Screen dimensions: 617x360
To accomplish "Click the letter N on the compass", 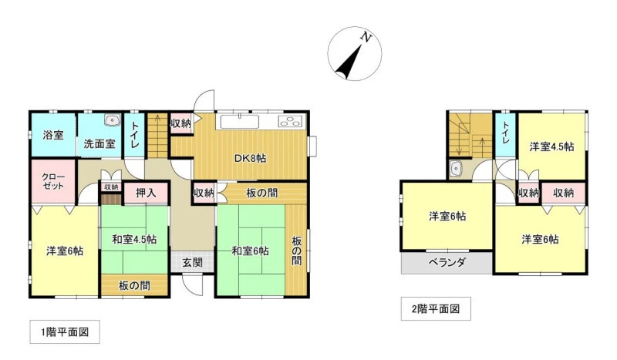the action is [x=366, y=37].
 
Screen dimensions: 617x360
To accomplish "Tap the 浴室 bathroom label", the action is [x=53, y=136].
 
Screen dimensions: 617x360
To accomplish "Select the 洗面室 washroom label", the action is [x=99, y=143].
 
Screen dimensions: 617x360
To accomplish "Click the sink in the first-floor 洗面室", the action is [x=113, y=120].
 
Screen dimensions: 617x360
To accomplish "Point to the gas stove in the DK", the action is [x=291, y=121].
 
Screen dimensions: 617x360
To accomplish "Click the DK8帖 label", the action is [x=250, y=159].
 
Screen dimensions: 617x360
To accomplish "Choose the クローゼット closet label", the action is [x=53, y=181].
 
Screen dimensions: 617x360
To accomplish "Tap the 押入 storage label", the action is [x=146, y=193].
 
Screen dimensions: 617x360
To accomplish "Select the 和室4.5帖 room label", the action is [x=134, y=239].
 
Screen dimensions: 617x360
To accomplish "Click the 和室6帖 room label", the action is [x=250, y=251].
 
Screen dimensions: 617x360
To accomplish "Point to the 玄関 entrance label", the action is [x=192, y=262].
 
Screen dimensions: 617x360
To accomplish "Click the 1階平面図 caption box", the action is [x=65, y=332].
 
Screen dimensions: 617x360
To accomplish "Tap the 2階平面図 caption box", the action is [x=436, y=309].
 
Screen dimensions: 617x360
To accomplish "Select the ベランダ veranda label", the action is [x=447, y=262].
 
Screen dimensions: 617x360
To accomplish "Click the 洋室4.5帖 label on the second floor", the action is [x=551, y=146].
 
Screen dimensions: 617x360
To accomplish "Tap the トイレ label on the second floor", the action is [x=506, y=132].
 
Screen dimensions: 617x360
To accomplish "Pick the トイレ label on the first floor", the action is [x=135, y=135].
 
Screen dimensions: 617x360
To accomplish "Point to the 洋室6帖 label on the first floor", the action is [x=65, y=251].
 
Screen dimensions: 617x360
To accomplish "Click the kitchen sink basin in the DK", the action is [x=239, y=122].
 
